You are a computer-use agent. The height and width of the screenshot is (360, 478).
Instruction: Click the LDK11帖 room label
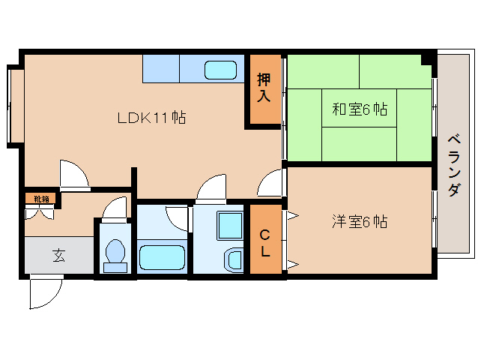(x=151, y=118)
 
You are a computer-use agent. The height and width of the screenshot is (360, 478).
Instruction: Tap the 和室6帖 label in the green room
(x=360, y=109)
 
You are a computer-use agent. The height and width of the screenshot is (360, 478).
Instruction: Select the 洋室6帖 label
(x=360, y=221)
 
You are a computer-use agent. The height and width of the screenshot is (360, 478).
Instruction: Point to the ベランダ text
(x=454, y=165)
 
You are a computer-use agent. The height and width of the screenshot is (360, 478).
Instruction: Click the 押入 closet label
(x=264, y=88)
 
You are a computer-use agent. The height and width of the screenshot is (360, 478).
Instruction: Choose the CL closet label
(x=265, y=243)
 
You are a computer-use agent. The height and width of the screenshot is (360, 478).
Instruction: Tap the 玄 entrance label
(x=58, y=255)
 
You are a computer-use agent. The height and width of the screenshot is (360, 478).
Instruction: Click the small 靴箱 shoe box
(x=40, y=199)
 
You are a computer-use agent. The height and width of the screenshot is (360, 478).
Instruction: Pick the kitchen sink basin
(x=220, y=70)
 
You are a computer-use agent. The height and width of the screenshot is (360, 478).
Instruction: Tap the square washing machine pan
(x=230, y=226)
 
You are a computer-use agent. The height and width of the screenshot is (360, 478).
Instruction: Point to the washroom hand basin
(x=234, y=260)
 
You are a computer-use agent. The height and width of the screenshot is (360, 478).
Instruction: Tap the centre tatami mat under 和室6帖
(x=360, y=108)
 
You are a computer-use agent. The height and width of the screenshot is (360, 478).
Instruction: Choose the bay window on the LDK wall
(x=16, y=106)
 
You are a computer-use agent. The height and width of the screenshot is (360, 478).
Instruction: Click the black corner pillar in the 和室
(x=427, y=59)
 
